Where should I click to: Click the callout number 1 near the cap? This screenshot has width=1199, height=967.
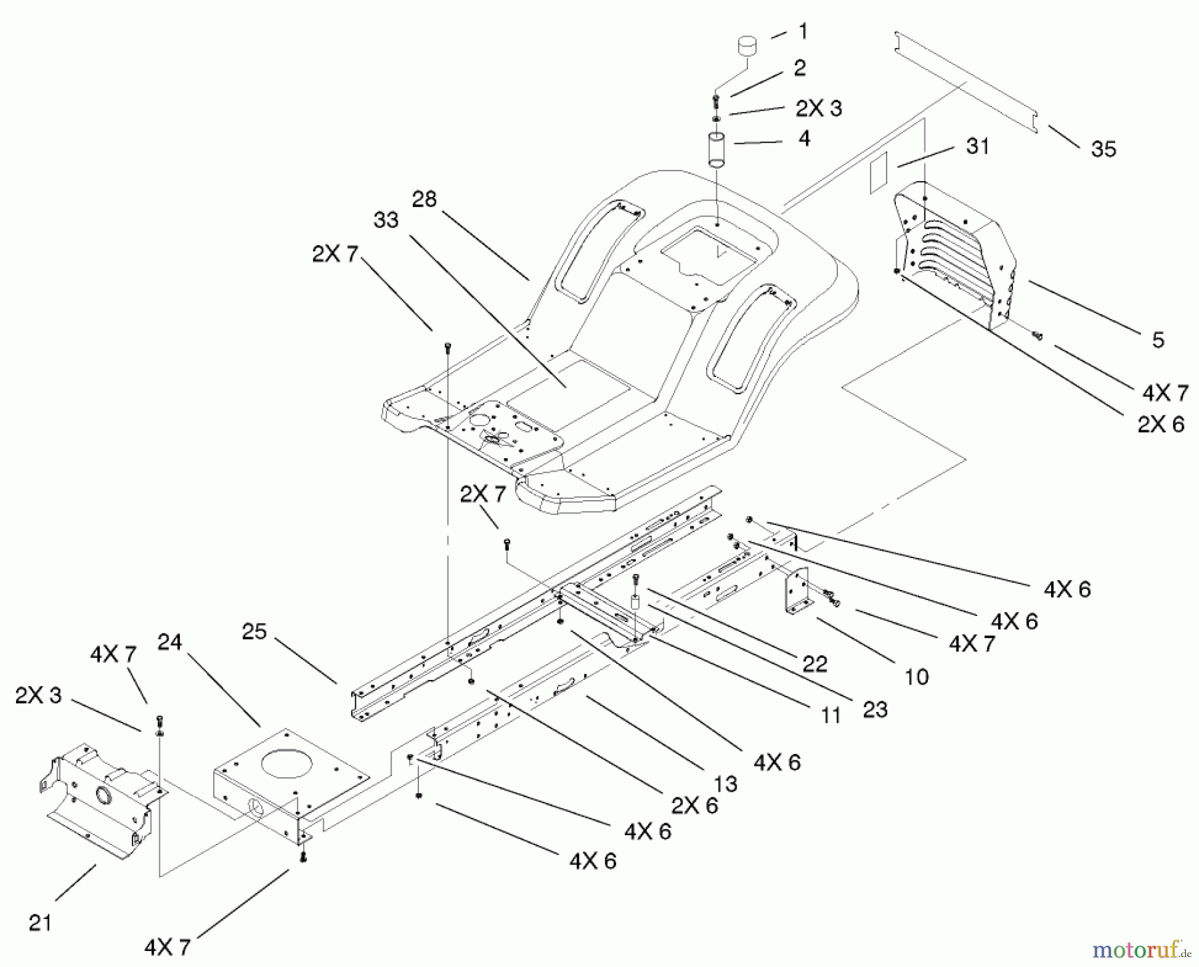tap(803, 31)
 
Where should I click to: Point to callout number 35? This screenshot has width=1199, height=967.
tap(1103, 149)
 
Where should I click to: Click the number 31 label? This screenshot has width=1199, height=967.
tap(977, 147)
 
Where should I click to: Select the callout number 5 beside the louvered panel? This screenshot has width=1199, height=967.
tap(1158, 340)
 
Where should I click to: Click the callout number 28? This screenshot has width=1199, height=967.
tap(424, 199)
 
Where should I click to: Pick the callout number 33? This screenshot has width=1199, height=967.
tap(386, 220)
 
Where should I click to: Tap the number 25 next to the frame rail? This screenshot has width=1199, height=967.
tap(254, 631)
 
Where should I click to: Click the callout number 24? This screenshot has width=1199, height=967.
tap(169, 643)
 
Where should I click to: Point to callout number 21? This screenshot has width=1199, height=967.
tap(40, 923)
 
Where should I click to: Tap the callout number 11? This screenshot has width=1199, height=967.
tap(830, 715)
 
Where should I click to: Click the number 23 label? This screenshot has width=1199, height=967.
tap(875, 710)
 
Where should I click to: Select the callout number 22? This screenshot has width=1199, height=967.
tap(815, 664)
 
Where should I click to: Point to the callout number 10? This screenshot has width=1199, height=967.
tap(917, 677)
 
